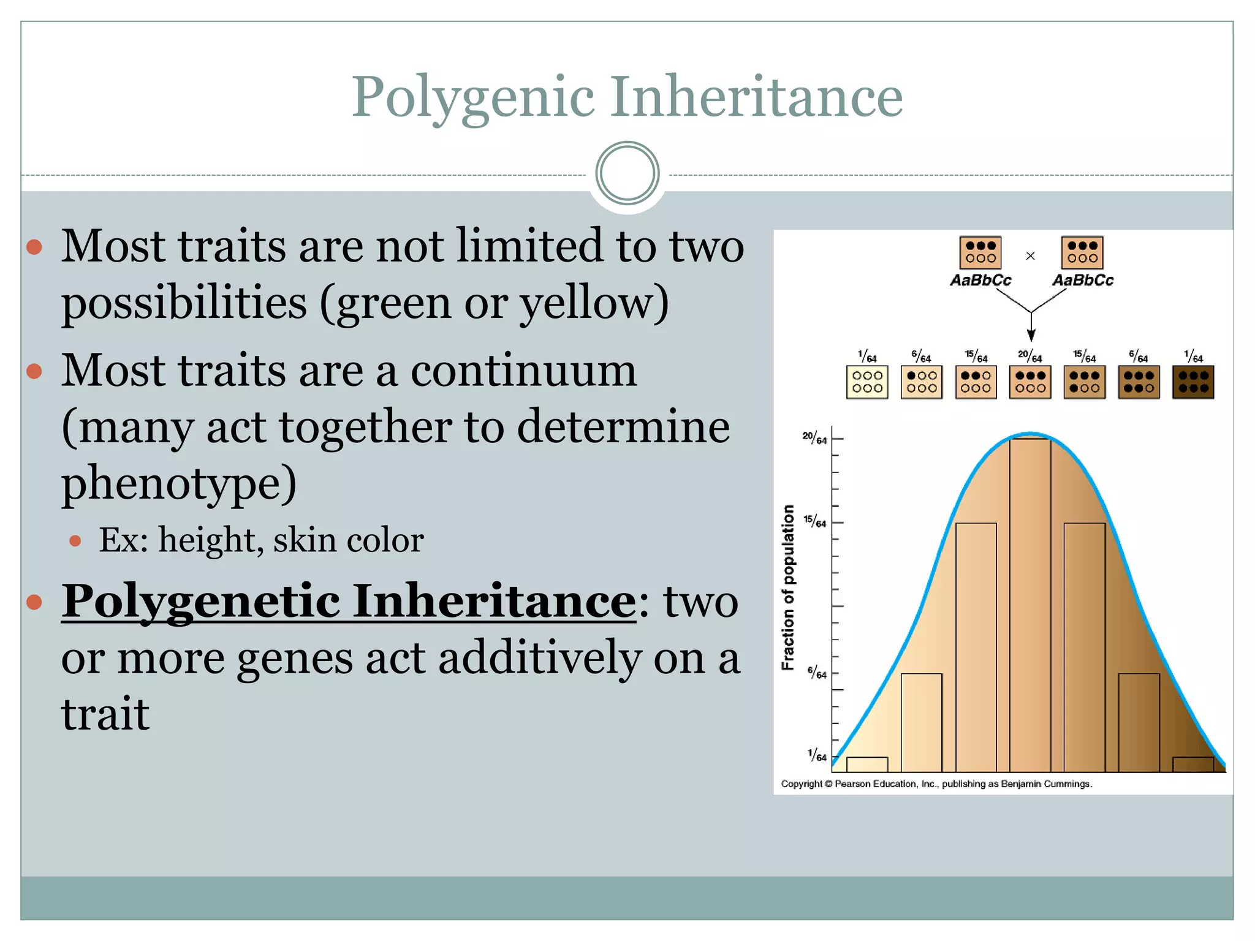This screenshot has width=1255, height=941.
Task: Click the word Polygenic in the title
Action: coord(472,96)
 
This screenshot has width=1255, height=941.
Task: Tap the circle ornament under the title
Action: coord(627,173)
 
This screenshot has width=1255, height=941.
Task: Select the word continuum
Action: coord(523,371)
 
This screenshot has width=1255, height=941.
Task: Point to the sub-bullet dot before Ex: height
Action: coord(75,540)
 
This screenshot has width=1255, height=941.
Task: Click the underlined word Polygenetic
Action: coord(200,601)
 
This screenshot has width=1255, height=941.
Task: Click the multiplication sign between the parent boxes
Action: coord(1030,256)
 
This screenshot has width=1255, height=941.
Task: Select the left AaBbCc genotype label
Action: coord(980,281)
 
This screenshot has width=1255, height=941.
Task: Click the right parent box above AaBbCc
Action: coord(1082,252)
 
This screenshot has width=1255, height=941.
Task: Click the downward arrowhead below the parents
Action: coord(1031,334)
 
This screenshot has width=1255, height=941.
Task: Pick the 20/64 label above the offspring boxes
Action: coord(1030,355)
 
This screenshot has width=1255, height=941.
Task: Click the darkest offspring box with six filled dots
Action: coord(1193,382)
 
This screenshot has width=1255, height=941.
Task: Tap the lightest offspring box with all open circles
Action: coord(867,382)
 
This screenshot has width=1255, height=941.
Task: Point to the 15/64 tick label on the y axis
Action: coord(815,521)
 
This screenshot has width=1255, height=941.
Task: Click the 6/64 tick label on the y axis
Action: coord(816,673)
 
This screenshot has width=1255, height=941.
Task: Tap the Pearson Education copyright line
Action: coord(936,784)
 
